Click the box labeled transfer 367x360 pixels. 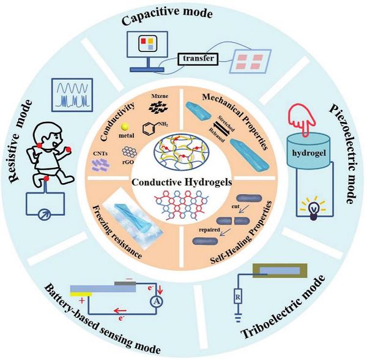click(x=197, y=58)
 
